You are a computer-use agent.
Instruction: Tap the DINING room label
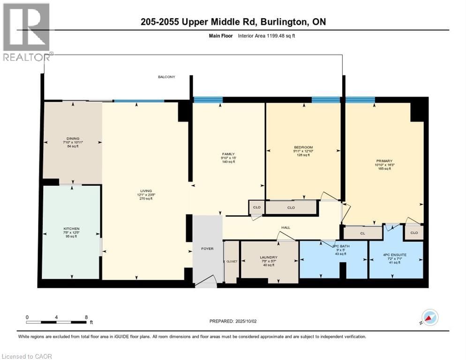pos(73,139)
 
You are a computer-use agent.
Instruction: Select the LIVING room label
pos(146,191)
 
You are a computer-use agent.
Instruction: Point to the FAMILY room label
pos(228,154)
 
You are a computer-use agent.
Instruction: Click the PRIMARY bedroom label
pos(383,161)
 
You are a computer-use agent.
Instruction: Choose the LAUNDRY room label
pos(269,257)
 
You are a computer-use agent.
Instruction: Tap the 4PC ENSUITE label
pos(394,255)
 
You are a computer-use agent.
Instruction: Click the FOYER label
pos(207,248)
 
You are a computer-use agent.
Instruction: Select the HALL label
pos(286,228)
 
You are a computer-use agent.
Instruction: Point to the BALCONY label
pos(166,76)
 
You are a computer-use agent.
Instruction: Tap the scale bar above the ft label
pos(56,322)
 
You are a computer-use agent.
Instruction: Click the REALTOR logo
pos(27,32)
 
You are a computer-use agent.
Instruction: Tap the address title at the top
pos(233,22)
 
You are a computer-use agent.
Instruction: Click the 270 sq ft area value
pos(146,199)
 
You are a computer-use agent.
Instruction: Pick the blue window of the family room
pos(208,99)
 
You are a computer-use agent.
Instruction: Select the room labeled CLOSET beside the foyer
pos(231,262)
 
